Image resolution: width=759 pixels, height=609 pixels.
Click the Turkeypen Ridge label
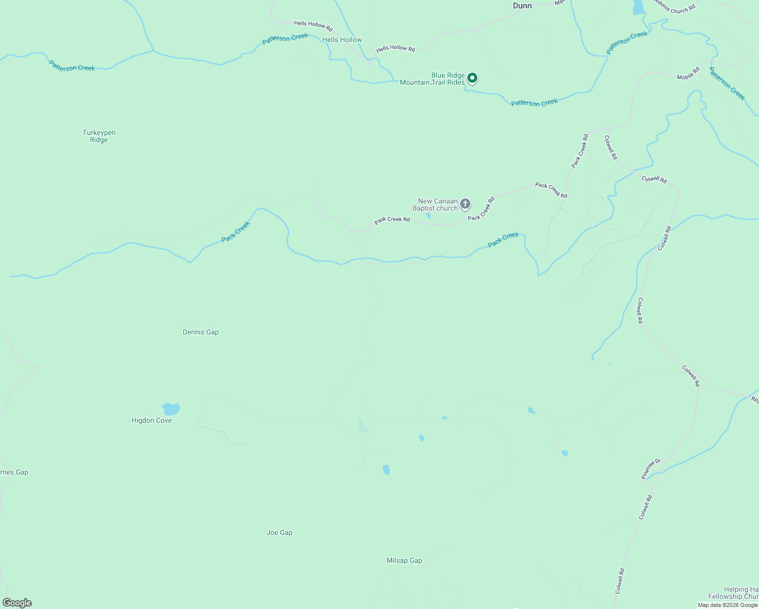[99, 136]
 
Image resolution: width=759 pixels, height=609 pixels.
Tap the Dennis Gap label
[200, 332]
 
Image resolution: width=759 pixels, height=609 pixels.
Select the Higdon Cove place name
[151, 420]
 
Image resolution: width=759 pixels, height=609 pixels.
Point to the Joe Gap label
[279, 532]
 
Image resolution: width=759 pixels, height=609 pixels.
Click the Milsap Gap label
[404, 560]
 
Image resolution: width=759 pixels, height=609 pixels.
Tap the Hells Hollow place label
[342, 40]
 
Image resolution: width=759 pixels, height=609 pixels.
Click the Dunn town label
[522, 6]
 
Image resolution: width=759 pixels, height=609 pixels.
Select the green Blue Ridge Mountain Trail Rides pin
[472, 78]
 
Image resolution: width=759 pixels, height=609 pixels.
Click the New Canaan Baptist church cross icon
[465, 204]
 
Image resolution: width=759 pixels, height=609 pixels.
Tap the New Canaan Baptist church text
[435, 205]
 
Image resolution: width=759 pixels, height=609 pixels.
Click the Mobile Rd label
[688, 73]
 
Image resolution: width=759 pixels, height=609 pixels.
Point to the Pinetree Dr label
[651, 469]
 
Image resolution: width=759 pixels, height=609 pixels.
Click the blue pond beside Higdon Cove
[171, 409]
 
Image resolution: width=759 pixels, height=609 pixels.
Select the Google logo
[17, 603]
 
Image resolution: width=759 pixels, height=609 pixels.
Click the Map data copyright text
[728, 605]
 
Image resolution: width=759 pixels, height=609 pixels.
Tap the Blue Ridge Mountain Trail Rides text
[432, 79]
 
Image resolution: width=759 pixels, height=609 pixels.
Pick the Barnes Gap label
[14, 472]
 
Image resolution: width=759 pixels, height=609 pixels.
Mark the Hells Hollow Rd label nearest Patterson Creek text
[313, 25]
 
